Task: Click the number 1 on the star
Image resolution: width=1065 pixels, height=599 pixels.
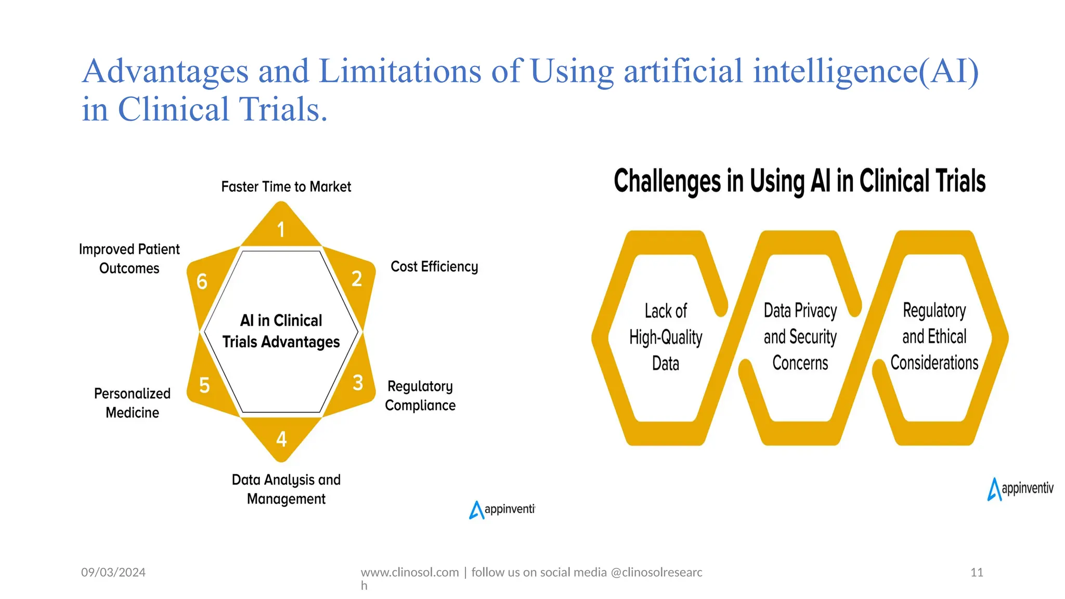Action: tap(281, 229)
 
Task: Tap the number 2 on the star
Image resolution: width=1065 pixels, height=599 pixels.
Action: tap(357, 279)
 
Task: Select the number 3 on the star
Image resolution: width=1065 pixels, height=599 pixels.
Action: tap(358, 383)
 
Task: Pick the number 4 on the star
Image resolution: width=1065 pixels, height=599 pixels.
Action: tap(281, 439)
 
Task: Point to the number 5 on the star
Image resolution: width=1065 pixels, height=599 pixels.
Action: tap(204, 385)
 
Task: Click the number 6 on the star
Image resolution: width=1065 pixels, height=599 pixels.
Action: tap(202, 282)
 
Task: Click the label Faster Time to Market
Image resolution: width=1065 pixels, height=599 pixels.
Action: tap(286, 187)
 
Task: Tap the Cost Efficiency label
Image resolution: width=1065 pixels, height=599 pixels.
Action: tap(434, 267)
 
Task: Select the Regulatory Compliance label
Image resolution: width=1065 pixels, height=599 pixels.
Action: tap(420, 396)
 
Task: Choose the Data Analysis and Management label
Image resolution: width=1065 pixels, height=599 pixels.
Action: tap(286, 489)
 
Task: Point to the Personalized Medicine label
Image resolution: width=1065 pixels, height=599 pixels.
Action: tap(132, 403)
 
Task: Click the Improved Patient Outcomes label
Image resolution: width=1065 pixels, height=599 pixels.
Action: tap(129, 258)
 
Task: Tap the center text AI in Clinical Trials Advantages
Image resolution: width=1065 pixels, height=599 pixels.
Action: tap(281, 331)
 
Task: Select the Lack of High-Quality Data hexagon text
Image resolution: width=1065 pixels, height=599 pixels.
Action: tap(666, 337)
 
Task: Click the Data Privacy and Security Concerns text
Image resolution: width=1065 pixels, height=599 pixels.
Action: tap(800, 336)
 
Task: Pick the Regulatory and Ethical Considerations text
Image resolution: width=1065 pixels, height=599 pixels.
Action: tap(934, 336)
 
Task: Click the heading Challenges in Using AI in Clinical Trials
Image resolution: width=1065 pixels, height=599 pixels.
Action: tap(799, 181)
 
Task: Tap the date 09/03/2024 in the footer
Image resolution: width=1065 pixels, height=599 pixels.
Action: tap(113, 572)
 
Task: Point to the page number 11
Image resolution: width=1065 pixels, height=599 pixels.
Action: tap(977, 572)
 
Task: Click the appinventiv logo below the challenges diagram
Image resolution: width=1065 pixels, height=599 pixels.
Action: tap(1020, 489)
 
